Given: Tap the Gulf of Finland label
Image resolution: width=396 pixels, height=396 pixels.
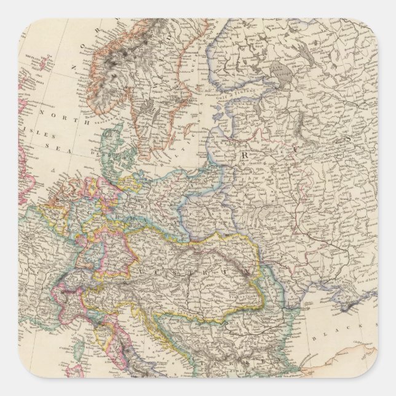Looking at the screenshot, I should click(240, 108).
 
